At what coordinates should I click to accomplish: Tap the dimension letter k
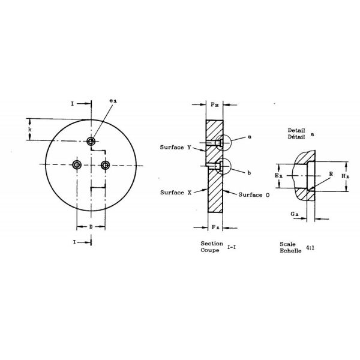[x=30, y=129]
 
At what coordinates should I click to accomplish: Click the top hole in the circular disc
[x=91, y=141]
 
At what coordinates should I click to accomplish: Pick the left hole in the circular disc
[x=77, y=164]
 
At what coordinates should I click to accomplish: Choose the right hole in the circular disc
[x=105, y=164]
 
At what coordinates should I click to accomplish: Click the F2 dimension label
[x=216, y=105]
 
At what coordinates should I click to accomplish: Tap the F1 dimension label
[x=216, y=227]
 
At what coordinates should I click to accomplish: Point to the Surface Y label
[x=176, y=147]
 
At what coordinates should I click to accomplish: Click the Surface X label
[x=176, y=193]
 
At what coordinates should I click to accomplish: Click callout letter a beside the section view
[x=249, y=137]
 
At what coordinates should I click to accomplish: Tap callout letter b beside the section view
[x=249, y=173]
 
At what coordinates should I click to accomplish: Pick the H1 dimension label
[x=346, y=176]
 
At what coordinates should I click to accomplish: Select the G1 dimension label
[x=292, y=214]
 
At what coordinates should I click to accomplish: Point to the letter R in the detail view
[x=331, y=174]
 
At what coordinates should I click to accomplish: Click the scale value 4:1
[x=310, y=247]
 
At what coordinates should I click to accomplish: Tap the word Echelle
[x=290, y=250]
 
